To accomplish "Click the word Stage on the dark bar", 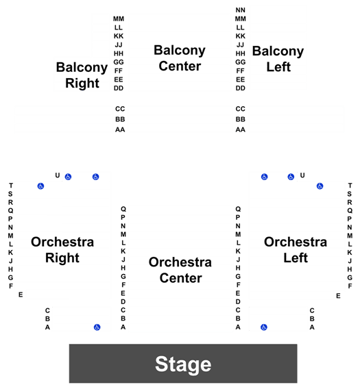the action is (x=183, y=364).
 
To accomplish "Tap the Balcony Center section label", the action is (x=180, y=58).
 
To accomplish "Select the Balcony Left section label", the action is (x=278, y=59).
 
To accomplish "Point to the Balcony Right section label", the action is (x=82, y=75).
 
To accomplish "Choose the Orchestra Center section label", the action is (x=180, y=270).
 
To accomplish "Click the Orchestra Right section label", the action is (x=62, y=250).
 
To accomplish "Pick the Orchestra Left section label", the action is (x=296, y=250).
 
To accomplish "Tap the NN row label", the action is (x=241, y=10).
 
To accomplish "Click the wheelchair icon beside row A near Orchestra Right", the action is (x=97, y=327).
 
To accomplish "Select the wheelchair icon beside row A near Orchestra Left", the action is (x=264, y=327).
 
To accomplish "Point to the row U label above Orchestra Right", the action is (x=58, y=175).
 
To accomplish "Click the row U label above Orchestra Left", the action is (x=302, y=175).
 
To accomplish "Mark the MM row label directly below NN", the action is (x=241, y=18).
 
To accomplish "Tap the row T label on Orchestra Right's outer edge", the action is (x=10, y=186).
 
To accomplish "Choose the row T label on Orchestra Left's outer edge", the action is (x=350, y=186).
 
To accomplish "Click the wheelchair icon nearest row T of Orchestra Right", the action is (x=40, y=186).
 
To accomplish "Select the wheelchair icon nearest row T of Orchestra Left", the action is (x=320, y=186).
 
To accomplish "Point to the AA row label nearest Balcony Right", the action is (x=120, y=129).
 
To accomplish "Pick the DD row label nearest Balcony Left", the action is (x=241, y=88).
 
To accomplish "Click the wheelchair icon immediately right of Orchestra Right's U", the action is (x=68, y=177).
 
